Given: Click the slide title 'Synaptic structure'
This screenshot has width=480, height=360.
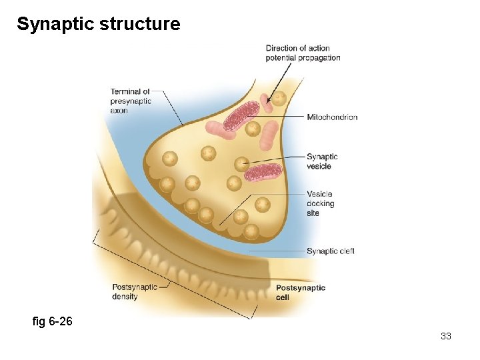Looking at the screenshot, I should click(x=98, y=25).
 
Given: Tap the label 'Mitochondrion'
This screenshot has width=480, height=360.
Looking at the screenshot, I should click(x=332, y=117).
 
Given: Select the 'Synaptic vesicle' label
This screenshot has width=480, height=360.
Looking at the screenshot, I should click(x=322, y=161).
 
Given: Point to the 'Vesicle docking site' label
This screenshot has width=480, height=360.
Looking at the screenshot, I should click(x=321, y=203).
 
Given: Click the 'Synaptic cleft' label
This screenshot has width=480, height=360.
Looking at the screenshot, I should click(x=330, y=251).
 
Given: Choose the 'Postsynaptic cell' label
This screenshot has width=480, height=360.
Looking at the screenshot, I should click(x=301, y=292).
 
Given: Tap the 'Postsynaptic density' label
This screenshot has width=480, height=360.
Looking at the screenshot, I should click(x=135, y=291).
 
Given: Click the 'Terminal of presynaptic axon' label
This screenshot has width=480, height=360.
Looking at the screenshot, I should click(x=131, y=101).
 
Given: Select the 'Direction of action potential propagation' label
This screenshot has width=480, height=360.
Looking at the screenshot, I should click(x=303, y=53).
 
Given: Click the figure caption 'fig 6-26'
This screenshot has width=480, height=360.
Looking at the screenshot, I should click(x=52, y=322).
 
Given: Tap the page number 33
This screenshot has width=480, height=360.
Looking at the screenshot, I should click(x=446, y=336).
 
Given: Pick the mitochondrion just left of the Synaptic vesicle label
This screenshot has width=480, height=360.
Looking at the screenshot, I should click(x=263, y=173).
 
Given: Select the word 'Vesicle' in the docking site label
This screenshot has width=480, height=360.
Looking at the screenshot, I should click(x=319, y=194).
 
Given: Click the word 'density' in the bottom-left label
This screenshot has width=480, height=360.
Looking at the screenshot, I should click(x=125, y=296).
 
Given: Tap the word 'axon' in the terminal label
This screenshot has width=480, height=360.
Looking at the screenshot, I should click(x=119, y=111).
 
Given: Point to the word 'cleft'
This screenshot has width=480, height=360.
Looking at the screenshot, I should click(x=345, y=251).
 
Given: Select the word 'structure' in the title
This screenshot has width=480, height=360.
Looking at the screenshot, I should click(x=139, y=25).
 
